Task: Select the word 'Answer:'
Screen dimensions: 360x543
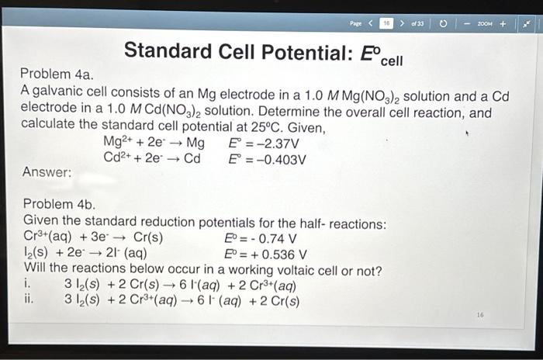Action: point(47,173)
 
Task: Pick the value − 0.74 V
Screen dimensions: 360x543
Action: point(278,238)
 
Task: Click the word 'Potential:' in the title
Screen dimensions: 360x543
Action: point(305,52)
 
